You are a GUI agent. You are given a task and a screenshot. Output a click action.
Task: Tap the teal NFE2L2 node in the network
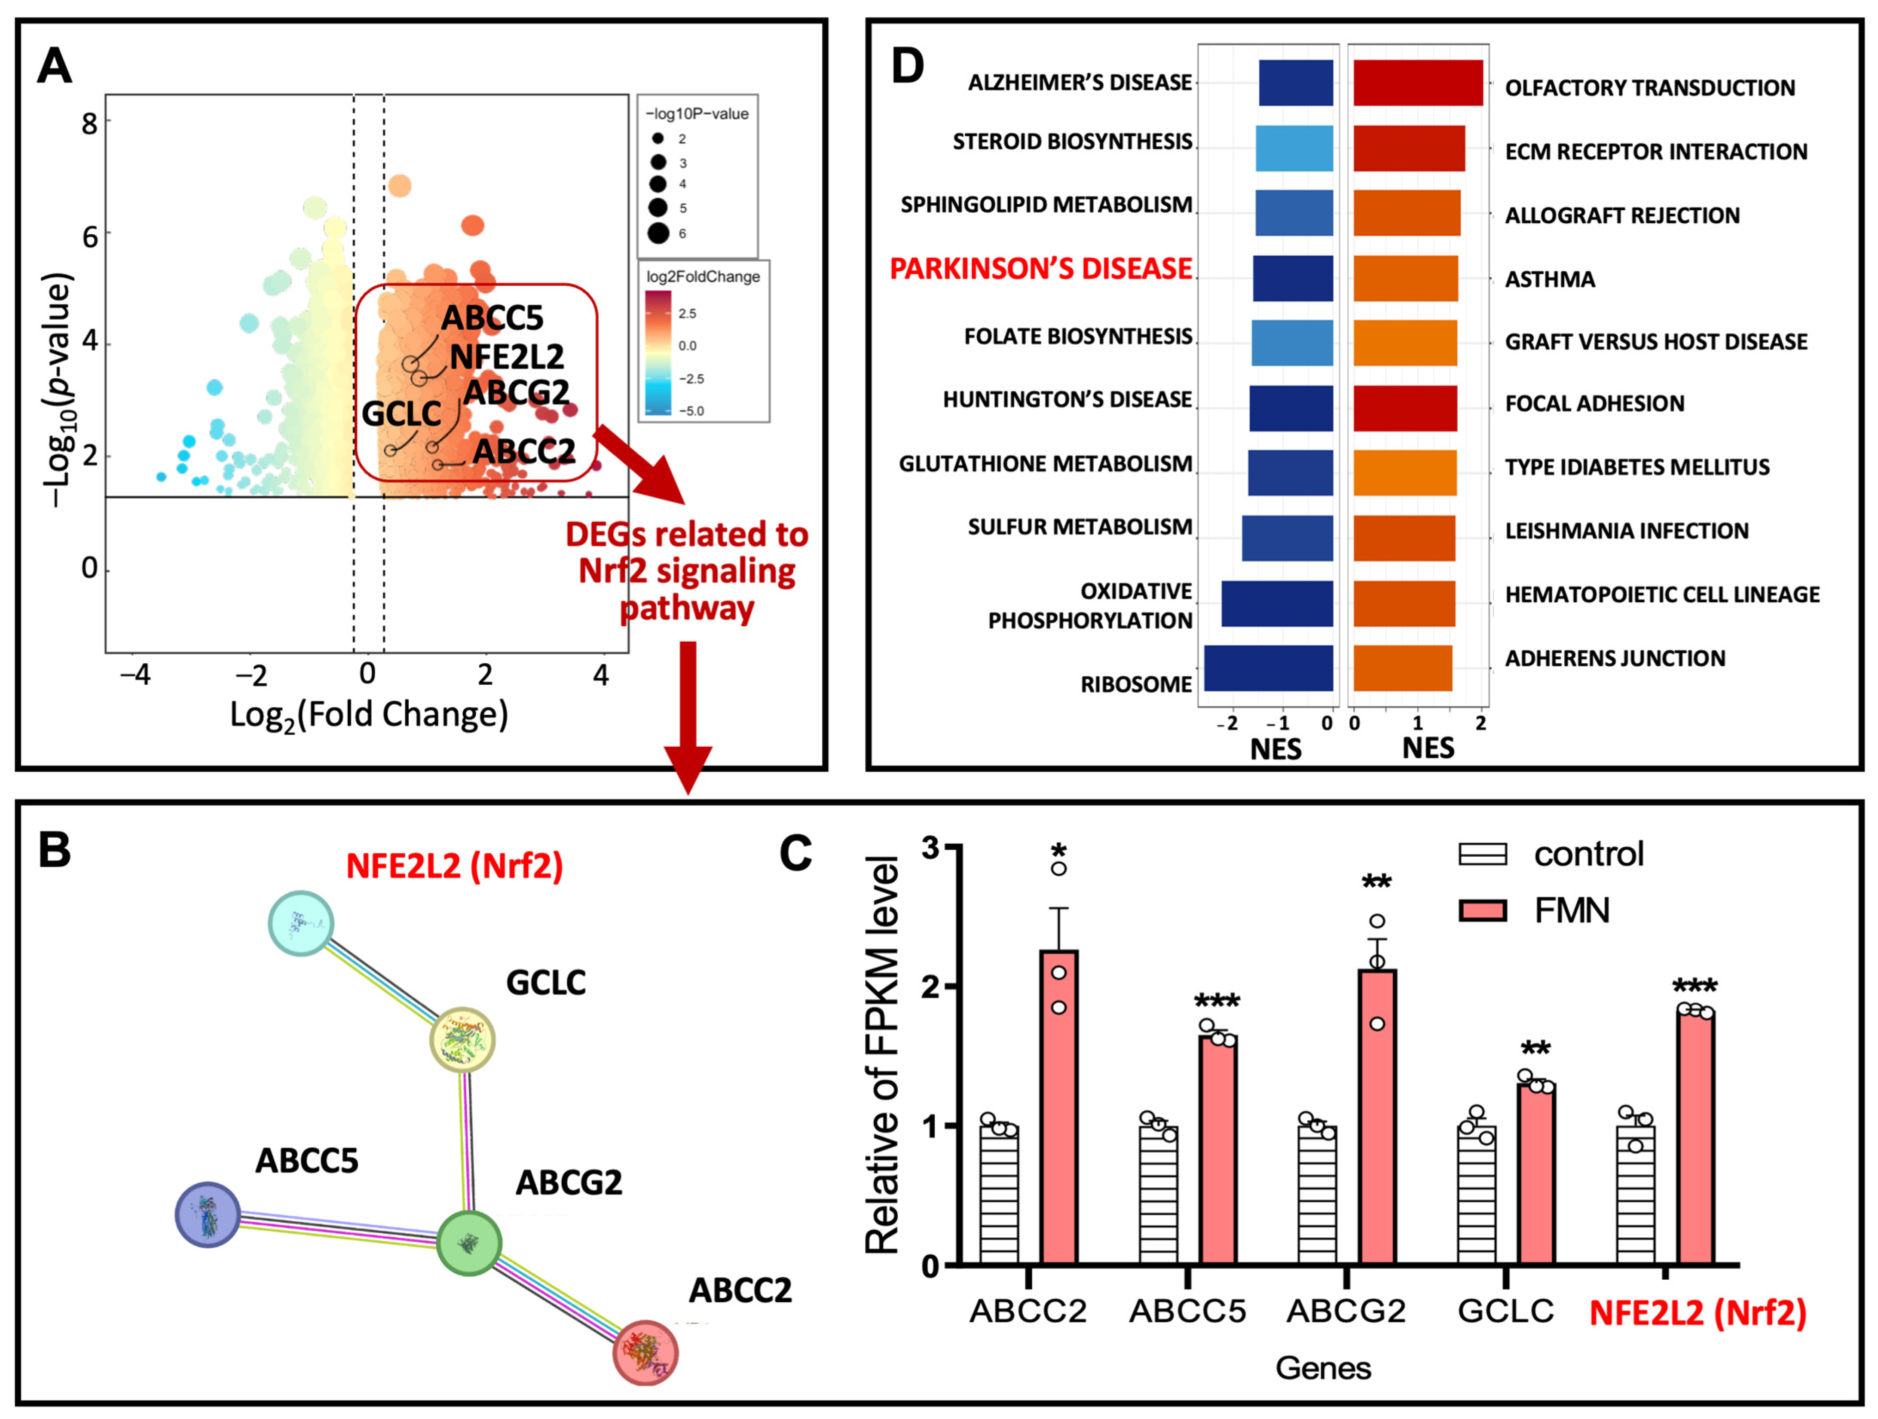tap(300, 923)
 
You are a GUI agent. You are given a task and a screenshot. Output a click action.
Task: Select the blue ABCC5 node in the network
tap(207, 1214)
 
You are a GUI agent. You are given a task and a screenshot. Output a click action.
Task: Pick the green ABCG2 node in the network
tap(469, 1242)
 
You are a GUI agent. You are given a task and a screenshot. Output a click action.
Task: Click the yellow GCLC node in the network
tap(462, 1040)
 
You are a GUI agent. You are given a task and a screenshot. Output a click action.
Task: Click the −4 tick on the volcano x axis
tap(135, 675)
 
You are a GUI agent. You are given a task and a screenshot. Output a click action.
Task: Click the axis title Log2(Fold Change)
tap(369, 715)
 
